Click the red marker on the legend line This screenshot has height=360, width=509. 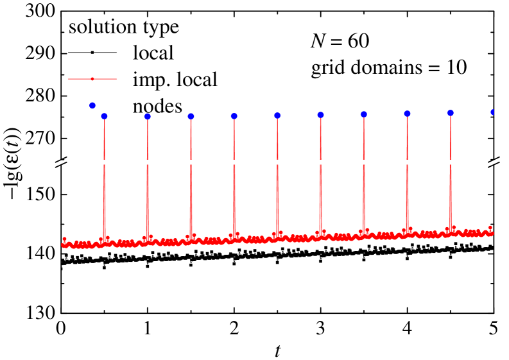click(x=92, y=79)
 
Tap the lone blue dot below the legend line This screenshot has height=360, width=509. click(x=92, y=105)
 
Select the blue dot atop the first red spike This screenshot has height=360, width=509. click(x=104, y=116)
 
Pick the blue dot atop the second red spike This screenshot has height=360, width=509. click(x=148, y=116)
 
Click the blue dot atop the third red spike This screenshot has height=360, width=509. click(x=191, y=116)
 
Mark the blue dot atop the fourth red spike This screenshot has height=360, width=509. click(x=234, y=116)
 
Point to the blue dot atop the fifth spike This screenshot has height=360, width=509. click(x=277, y=116)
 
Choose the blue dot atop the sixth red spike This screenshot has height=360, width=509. click(x=320, y=115)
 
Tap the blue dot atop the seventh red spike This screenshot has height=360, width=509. click(x=364, y=114)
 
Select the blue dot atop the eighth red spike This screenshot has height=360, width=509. click(x=407, y=114)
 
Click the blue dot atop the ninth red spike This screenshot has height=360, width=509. click(x=451, y=113)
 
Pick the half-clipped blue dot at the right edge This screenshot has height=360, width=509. click(x=492, y=112)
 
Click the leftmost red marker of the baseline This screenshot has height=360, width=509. click(x=64, y=239)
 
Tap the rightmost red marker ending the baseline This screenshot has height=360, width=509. click(x=490, y=228)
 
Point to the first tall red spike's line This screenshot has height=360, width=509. click(x=104, y=180)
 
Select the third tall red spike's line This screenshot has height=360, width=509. click(x=191, y=180)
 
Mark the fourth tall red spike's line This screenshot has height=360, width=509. click(x=234, y=180)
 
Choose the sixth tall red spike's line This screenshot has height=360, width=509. click(x=320, y=180)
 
